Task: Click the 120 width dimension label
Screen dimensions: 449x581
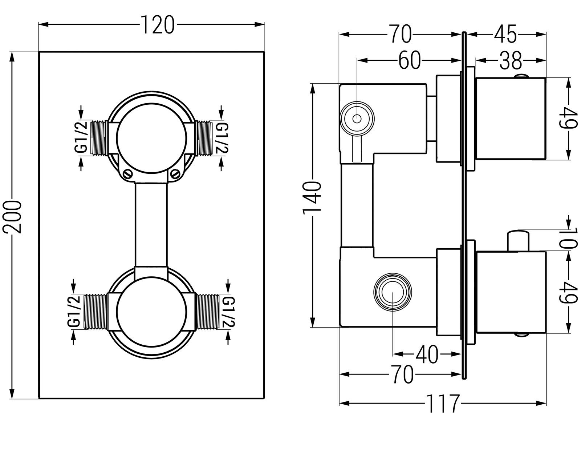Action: [157, 25]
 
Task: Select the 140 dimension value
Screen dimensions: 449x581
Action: [312, 198]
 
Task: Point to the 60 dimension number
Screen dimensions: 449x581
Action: [409, 60]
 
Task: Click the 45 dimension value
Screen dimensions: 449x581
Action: [505, 35]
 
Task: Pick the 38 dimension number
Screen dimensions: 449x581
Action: [510, 60]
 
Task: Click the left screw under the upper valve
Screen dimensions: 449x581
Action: [127, 173]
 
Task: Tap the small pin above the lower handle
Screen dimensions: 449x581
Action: [519, 240]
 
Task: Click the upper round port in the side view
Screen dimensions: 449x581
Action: [357, 119]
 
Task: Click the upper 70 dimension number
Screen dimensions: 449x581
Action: [400, 35]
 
